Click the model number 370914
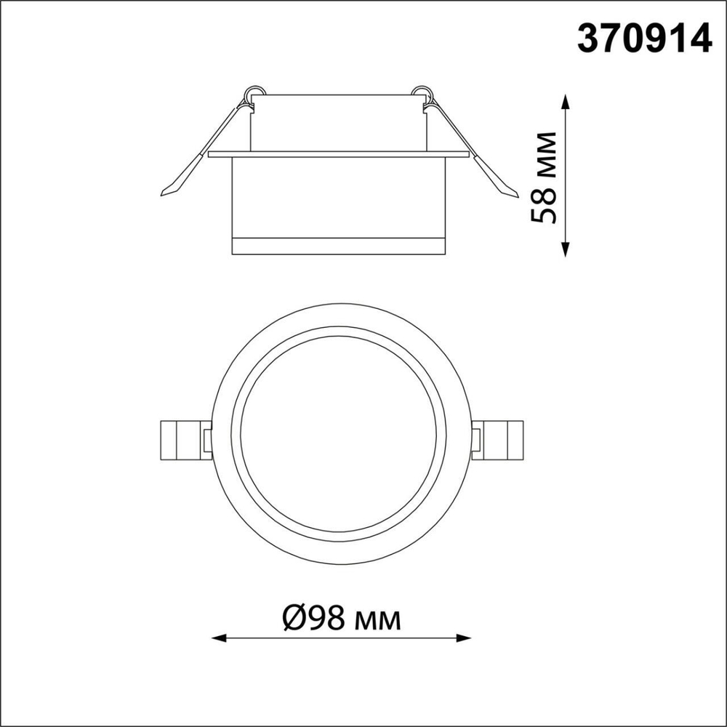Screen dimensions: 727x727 pos(643,38)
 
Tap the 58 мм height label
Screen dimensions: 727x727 pos(544,177)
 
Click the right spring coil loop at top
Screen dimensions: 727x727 pos(419,92)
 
